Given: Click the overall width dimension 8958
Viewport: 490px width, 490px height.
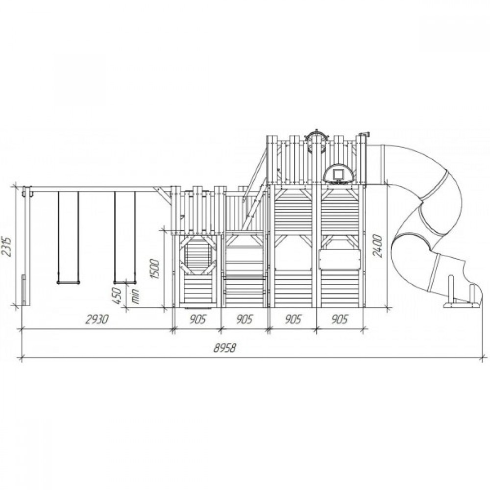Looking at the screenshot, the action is click(224, 347).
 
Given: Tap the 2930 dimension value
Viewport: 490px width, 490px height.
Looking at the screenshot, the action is click(97, 319).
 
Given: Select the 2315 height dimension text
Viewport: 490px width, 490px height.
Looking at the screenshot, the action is click(7, 247).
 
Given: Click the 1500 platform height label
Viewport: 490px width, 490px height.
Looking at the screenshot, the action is click(155, 269).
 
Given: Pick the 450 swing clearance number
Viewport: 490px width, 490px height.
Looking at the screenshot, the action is click(116, 296).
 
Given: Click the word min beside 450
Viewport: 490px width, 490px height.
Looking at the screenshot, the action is click(136, 296).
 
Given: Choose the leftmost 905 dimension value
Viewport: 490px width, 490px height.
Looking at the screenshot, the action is click(197, 319).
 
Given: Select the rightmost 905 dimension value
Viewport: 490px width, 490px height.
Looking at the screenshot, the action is click(340, 319).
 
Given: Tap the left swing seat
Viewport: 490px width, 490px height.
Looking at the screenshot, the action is click(68, 283).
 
